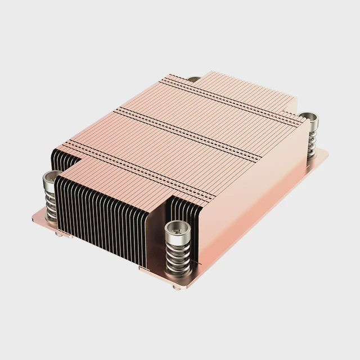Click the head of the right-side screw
[308, 119]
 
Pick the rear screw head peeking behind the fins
[193, 79]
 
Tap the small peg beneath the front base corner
[177, 287]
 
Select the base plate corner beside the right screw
[326, 153]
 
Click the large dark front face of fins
[101, 214]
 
